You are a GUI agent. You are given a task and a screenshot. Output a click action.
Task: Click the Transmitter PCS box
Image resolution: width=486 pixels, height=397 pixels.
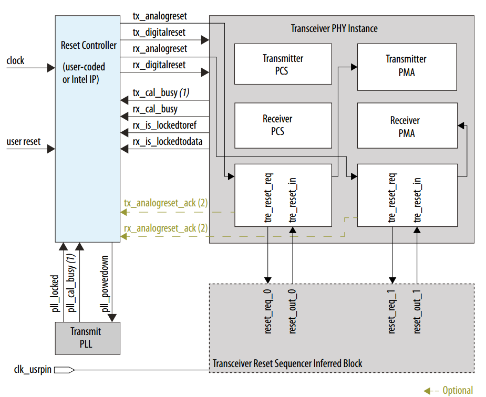point(283,64)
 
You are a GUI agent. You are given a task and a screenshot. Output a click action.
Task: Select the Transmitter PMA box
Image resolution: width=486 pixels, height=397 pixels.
point(406,66)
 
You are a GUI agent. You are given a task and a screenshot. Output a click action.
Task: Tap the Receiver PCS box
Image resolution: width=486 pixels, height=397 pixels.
point(283,125)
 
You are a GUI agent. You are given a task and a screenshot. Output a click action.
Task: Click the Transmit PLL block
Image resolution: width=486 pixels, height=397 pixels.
point(88,338)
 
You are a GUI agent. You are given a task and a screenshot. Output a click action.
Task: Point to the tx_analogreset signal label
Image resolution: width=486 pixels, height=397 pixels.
point(160,16)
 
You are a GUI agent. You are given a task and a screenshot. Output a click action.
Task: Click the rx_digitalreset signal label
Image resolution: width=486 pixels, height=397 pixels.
point(159,65)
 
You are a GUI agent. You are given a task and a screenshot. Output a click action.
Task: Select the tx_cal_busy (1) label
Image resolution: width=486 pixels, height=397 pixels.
point(161,93)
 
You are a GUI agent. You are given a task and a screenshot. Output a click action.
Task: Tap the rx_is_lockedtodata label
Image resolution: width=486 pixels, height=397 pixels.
point(167,141)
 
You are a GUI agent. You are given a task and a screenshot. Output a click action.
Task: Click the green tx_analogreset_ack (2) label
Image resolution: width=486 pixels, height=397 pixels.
point(166,203)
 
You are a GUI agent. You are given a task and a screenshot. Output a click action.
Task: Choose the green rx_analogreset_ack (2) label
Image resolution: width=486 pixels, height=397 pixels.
point(166,228)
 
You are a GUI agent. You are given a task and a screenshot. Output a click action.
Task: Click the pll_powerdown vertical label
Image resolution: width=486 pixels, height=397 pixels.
point(105,284)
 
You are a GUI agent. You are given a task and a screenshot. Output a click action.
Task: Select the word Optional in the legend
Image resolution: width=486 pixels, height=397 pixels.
point(457,390)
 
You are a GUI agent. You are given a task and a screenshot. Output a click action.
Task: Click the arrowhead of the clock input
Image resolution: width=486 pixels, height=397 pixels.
point(51,68)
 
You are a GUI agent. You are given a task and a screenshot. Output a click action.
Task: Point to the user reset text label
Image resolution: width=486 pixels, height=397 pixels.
point(24,142)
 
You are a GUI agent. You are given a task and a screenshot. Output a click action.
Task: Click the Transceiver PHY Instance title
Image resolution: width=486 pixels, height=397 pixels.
point(334,28)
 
